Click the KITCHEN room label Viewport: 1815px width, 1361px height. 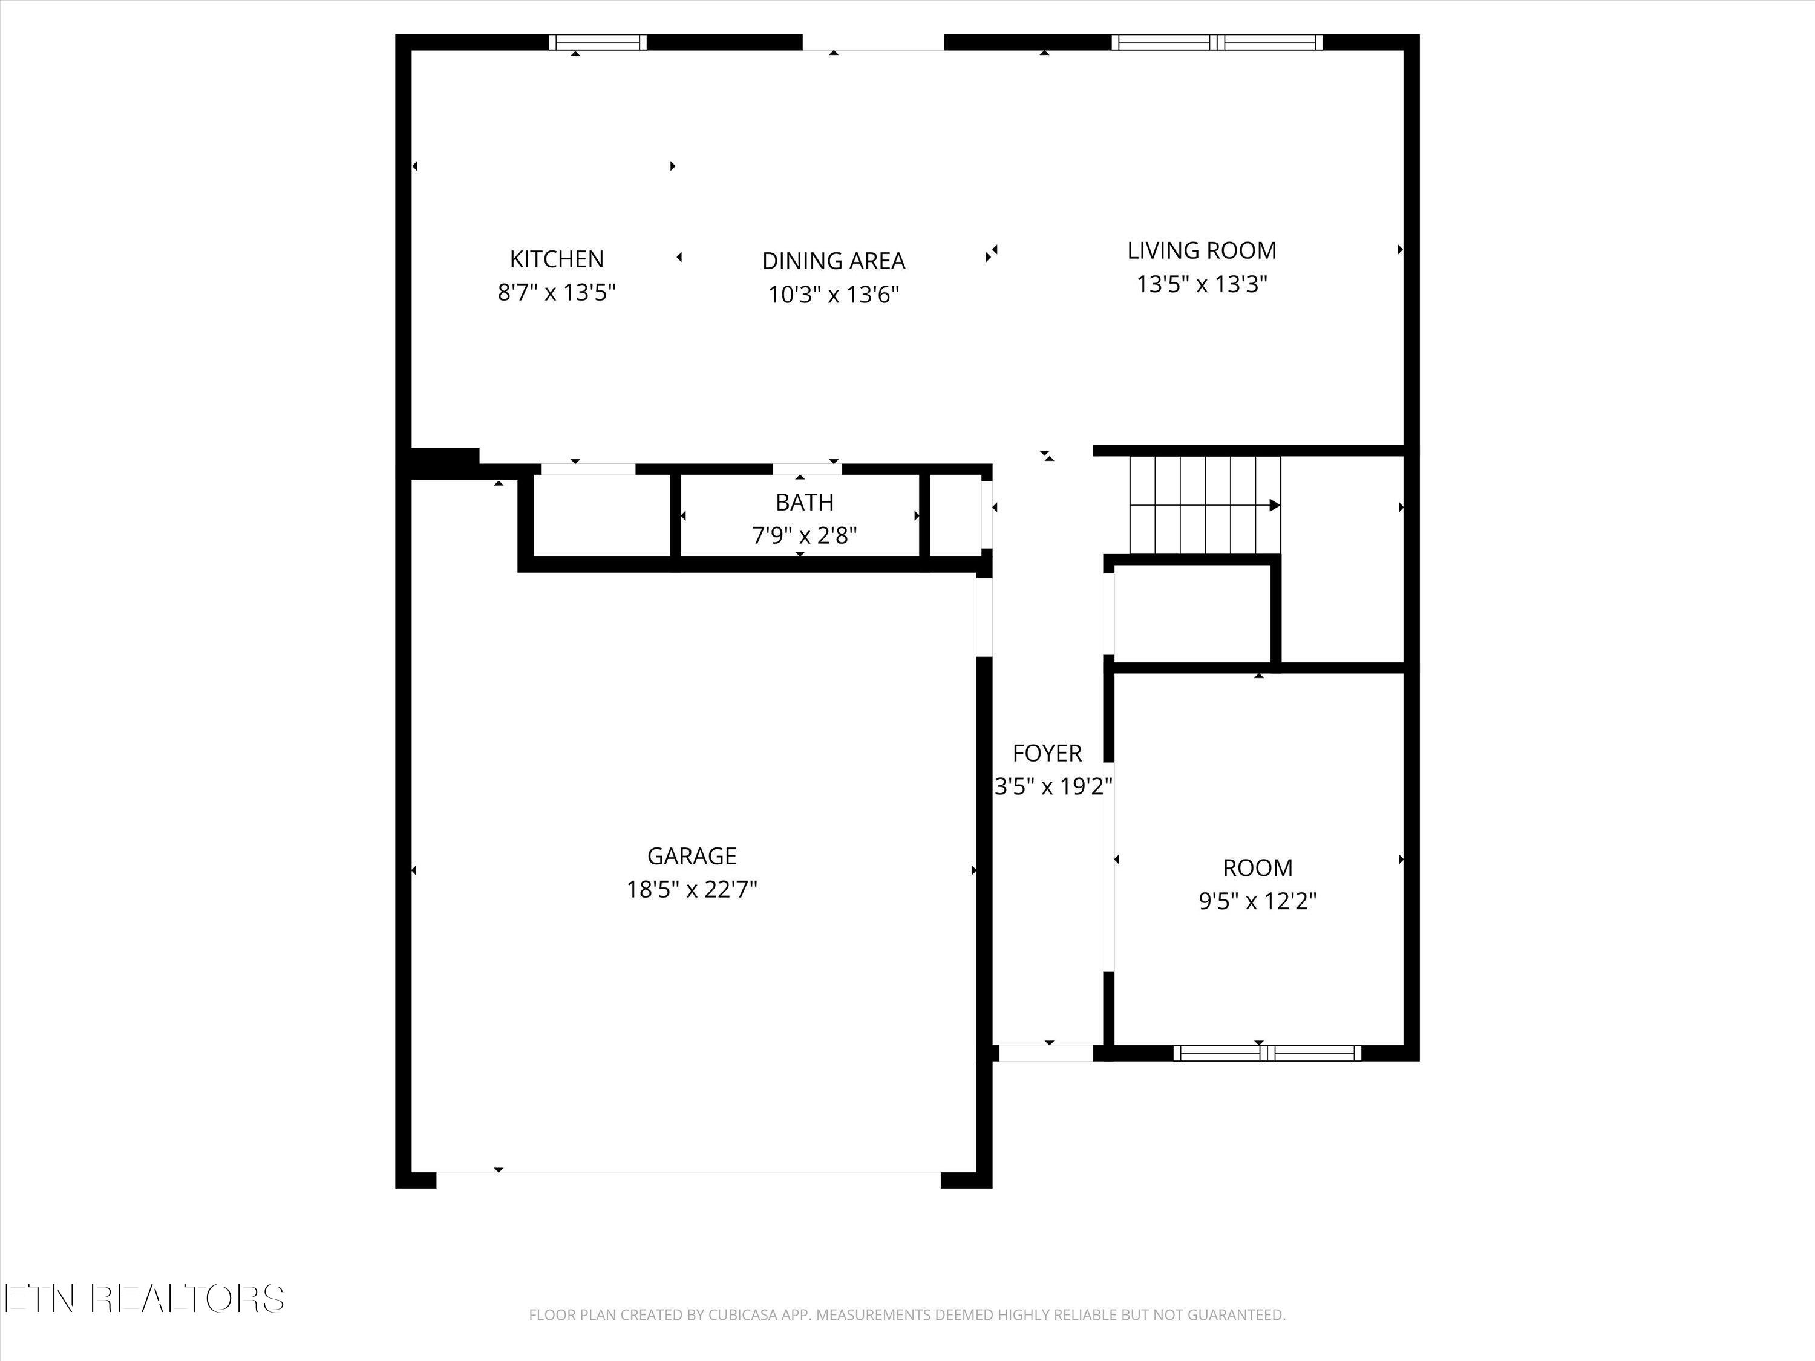pos(557,259)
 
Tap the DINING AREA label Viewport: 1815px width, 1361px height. pos(834,261)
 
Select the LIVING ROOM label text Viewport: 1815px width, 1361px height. pos(1202,250)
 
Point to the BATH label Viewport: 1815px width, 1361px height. pos(804,502)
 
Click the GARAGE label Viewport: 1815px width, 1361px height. pos(692,856)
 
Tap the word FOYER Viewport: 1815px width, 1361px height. pos(1047,753)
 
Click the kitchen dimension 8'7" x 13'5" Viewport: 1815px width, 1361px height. pos(557,293)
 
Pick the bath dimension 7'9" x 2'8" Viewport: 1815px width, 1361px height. pos(804,536)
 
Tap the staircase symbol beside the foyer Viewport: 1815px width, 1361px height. pos(1205,504)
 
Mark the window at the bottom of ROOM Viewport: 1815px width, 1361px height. pos(1267,1053)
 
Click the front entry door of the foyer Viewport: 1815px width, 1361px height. pos(1045,1053)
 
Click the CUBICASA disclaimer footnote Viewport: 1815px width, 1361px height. pos(907,1315)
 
